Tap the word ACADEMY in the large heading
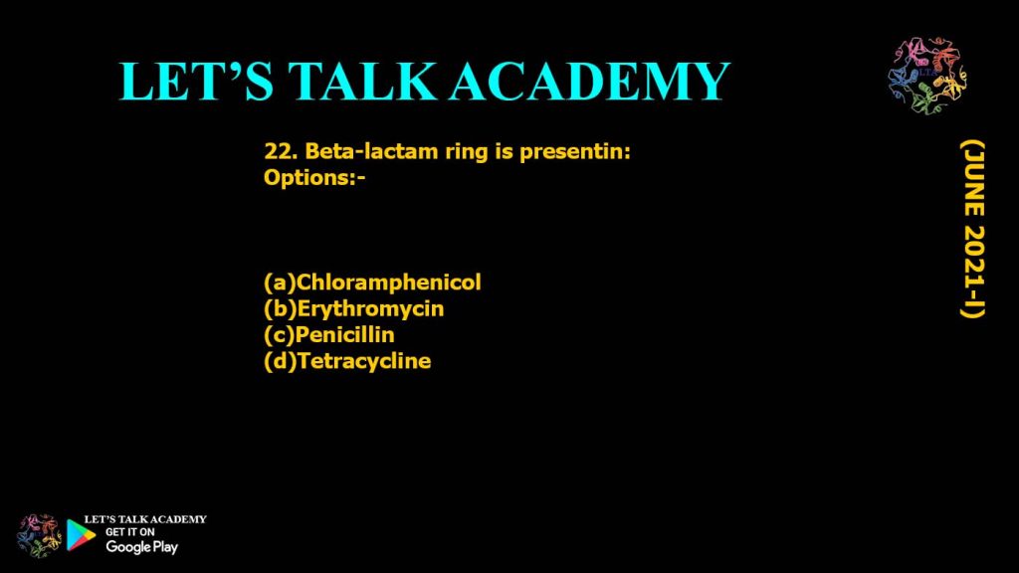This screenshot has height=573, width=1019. coord(589,82)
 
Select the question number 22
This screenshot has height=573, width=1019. coord(280,153)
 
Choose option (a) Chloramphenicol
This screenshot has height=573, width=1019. coord(372,283)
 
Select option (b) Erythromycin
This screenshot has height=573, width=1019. coord(353,309)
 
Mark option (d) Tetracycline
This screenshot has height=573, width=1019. coord(347,361)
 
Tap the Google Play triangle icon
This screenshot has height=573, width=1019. coord(81,535)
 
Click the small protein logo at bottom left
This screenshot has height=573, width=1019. coord(40,535)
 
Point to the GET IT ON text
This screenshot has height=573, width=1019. coord(129,532)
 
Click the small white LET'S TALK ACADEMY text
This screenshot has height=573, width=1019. coord(145,519)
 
